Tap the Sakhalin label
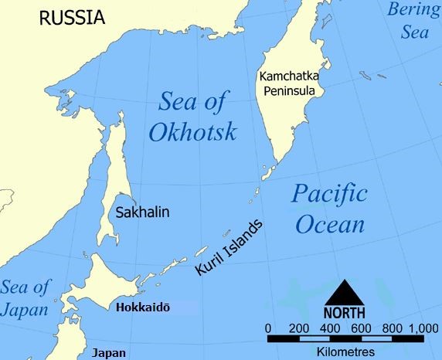click(x=141, y=211)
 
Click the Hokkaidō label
click(x=142, y=307)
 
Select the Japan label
click(x=109, y=352)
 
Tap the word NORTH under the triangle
click(x=345, y=314)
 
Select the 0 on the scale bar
click(x=267, y=328)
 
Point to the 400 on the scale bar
click(x=330, y=328)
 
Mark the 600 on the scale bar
click(x=361, y=328)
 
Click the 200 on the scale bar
click(x=298, y=328)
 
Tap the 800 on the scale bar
click(x=392, y=328)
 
